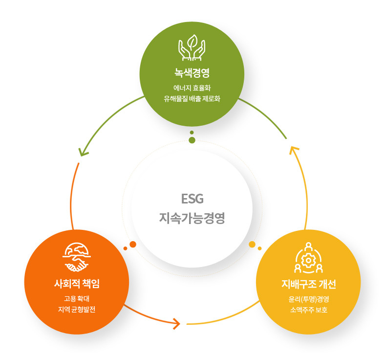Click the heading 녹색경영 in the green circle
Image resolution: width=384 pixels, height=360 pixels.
coord(192,73)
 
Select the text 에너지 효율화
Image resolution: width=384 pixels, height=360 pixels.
coord(192,88)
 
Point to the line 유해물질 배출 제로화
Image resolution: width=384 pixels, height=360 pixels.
coord(192,98)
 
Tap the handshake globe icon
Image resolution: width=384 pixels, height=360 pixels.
coord(77,257)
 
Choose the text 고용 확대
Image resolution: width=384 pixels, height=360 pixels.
coord(77,298)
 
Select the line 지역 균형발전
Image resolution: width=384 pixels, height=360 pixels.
coord(77,309)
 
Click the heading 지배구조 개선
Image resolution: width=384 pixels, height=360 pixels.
coord(308,284)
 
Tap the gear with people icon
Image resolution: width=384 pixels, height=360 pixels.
coord(309,258)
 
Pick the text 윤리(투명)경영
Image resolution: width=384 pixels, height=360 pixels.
coord(309,298)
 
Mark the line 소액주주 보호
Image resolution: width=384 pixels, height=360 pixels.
coord(309,309)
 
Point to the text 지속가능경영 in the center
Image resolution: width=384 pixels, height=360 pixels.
coord(192,218)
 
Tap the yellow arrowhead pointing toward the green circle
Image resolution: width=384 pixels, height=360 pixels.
coord(293,149)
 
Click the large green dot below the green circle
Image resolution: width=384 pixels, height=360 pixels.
coord(192,140)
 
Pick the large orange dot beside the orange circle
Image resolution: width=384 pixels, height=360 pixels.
coord(133,244)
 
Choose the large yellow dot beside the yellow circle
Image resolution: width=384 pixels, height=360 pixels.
coord(252,244)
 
